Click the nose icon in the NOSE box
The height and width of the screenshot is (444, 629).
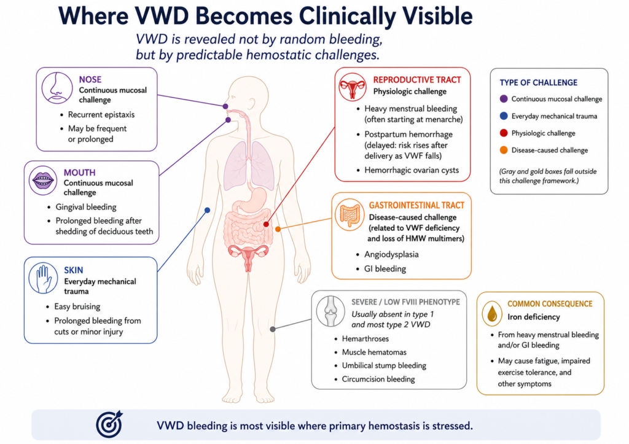(x=57, y=88)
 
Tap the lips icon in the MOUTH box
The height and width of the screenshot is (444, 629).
(x=43, y=181)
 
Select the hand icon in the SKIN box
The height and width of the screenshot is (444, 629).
(x=43, y=278)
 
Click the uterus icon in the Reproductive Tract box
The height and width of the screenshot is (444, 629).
(x=352, y=87)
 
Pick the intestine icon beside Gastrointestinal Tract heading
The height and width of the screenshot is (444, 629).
(x=350, y=214)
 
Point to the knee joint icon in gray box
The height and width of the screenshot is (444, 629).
(x=330, y=311)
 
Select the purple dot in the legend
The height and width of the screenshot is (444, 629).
(x=504, y=99)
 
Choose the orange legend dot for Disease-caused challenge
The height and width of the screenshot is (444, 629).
(x=504, y=150)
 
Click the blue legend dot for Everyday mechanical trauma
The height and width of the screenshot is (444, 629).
(x=504, y=116)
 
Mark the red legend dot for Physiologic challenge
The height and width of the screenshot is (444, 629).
(x=504, y=133)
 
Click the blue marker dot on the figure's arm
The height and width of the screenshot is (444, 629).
(x=208, y=210)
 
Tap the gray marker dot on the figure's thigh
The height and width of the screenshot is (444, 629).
(x=273, y=329)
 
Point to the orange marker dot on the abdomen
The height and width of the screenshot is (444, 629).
(x=278, y=229)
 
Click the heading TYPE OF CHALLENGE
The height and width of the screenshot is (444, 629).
(x=538, y=83)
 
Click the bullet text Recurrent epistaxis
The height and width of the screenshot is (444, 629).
(x=101, y=115)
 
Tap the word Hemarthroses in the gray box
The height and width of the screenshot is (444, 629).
(x=365, y=338)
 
